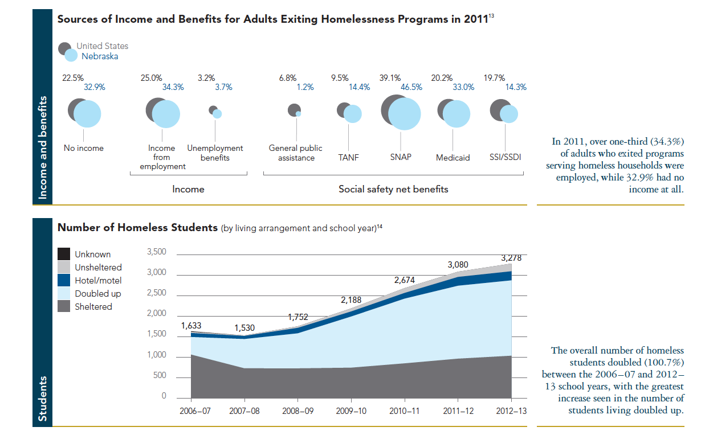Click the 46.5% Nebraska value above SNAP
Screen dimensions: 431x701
412,87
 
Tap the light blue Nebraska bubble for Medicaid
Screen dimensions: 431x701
457,114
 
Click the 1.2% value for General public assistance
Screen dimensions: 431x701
305,87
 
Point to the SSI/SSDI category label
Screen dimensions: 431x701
506,157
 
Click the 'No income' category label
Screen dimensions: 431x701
84,148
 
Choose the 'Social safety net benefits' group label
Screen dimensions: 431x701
393,189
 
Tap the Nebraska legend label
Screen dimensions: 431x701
100,56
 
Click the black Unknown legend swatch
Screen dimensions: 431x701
64,254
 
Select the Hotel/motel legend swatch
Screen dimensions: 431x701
64,280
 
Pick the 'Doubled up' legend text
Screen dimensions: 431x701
98,293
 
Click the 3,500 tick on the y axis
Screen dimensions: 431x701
156,252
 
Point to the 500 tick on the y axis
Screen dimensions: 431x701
160,376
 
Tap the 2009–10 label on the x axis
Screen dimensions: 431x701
352,411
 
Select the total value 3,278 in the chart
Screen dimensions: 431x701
511,258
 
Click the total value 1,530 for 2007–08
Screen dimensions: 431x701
244,328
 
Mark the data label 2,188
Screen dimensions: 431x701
352,299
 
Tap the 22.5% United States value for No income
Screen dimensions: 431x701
72,77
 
